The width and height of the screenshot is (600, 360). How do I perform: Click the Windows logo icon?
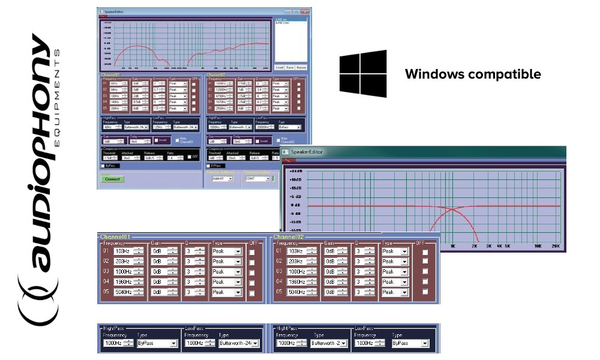tap(363, 74)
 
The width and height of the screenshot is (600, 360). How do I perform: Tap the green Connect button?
tap(112, 179)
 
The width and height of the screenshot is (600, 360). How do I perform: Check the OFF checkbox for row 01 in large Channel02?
tap(425, 251)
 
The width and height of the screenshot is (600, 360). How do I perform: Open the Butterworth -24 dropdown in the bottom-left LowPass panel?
tap(238, 343)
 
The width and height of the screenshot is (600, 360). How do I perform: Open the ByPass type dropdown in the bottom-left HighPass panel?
tap(157, 343)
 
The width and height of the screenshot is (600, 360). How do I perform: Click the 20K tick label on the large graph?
tap(556, 247)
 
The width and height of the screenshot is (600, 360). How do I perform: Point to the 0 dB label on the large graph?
tap(295, 205)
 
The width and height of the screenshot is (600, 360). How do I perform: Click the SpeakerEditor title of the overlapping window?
tap(307, 152)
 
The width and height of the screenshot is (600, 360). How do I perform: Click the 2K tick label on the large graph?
tap(473, 247)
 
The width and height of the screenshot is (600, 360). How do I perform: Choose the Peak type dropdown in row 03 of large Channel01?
tap(226, 272)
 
